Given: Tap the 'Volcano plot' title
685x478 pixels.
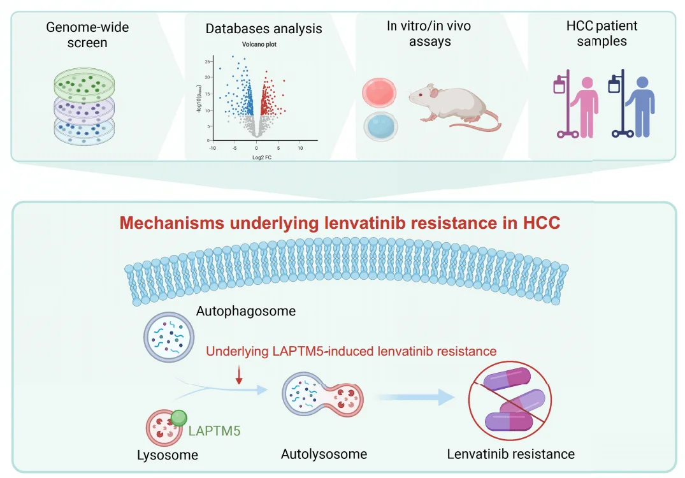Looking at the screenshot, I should (x=259, y=45).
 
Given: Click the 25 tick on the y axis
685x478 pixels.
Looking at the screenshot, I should (x=207, y=61).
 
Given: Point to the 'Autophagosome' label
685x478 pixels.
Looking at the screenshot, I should (x=246, y=312).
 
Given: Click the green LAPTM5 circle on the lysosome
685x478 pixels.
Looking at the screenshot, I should (x=180, y=418).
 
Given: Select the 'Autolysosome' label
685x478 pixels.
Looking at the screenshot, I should (x=324, y=454).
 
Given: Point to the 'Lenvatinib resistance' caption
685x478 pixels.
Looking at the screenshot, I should (x=510, y=454).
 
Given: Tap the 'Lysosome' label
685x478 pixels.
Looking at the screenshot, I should (x=168, y=455).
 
